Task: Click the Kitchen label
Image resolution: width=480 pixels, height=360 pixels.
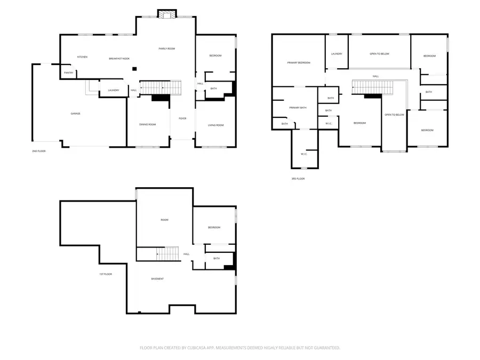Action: [82, 57]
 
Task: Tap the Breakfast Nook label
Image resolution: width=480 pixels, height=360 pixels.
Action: [119, 58]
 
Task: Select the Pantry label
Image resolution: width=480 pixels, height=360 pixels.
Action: [68, 73]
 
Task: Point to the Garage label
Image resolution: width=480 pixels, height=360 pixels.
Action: [76, 114]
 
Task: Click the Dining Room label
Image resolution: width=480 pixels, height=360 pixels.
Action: [148, 124]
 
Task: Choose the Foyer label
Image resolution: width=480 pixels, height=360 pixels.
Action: [182, 118]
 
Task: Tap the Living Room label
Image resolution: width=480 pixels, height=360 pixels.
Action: [215, 125]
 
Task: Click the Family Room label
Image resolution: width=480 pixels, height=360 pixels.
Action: [167, 49]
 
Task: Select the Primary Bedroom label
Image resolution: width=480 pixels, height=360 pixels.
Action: [299, 63]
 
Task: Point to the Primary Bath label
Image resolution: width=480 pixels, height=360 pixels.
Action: [298, 108]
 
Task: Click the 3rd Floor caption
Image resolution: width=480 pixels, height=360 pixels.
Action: [298, 179]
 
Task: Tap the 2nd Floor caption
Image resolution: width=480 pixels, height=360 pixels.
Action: [38, 151]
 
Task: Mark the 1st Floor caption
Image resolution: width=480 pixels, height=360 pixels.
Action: [105, 274]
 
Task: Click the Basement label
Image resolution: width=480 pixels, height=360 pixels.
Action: [157, 279]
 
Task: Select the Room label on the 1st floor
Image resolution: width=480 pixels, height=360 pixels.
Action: [164, 220]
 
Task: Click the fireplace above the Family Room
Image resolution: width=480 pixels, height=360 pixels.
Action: [167, 14]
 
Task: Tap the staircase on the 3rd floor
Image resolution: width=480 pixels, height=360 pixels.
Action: [372, 86]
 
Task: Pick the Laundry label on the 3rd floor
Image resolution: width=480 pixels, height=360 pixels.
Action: [336, 54]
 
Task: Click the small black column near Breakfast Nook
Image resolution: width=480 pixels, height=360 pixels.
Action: [135, 68]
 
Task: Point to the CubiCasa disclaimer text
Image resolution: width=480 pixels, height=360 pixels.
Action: [240, 347]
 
